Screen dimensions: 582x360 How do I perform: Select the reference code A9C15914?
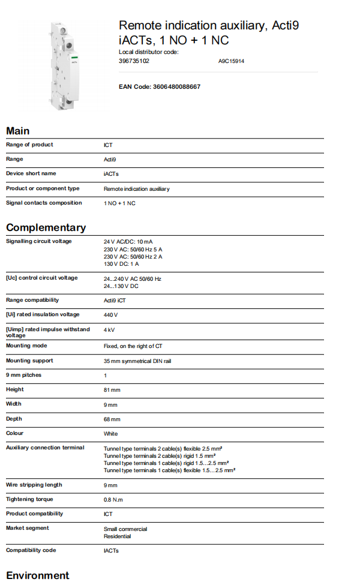coord(231,61)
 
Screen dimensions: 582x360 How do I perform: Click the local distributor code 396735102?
coord(134,61)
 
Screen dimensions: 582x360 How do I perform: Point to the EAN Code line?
coord(160,87)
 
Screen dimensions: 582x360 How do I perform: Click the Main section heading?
coord(18,131)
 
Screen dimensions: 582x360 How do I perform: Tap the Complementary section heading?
coord(46,227)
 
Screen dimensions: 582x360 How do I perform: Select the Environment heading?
coord(38,575)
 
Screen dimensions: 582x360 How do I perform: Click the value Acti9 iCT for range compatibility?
coord(115,300)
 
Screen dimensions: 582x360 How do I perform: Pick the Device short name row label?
coord(31,173)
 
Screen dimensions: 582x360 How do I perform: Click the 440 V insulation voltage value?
coord(111,314)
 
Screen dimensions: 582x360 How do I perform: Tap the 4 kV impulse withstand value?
coord(109,330)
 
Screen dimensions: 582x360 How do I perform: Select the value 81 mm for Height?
coord(112,390)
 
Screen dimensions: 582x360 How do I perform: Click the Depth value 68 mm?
coord(112,419)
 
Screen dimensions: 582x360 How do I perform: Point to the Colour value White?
coord(111,434)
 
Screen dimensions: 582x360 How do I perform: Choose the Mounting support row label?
coord(29,361)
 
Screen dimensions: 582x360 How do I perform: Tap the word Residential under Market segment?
coord(117,536)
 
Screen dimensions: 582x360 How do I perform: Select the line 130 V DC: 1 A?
coord(121,264)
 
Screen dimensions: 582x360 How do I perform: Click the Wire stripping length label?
coord(34,485)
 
